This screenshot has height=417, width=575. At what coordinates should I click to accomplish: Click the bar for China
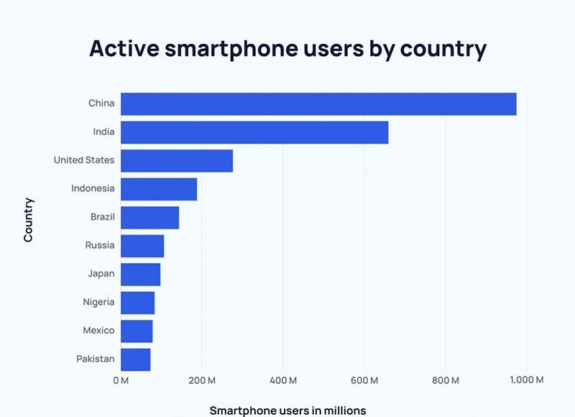click(318, 104)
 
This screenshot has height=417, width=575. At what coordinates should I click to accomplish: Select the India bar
click(254, 132)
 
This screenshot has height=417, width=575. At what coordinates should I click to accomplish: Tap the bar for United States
click(177, 160)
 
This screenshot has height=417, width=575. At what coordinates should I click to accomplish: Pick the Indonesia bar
click(159, 189)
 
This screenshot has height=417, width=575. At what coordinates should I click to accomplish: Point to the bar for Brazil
click(149, 217)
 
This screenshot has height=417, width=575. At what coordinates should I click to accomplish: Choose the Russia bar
click(142, 246)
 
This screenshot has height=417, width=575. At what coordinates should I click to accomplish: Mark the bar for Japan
click(140, 274)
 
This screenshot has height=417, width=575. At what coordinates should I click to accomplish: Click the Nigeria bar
click(137, 303)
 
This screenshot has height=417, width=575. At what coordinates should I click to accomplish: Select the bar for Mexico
click(137, 331)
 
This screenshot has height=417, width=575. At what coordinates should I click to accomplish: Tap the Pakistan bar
click(136, 359)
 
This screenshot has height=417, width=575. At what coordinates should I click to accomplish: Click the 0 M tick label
click(121, 380)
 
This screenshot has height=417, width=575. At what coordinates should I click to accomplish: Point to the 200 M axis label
click(202, 380)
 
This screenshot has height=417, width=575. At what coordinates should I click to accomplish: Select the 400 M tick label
click(283, 380)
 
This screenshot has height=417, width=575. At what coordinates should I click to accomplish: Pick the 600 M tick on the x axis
click(364, 380)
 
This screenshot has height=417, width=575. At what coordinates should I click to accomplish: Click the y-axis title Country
click(29, 220)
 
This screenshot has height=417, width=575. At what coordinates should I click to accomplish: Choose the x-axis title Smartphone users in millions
click(287, 411)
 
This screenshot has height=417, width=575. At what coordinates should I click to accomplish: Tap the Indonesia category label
click(93, 188)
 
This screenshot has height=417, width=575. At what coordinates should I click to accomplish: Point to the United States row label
click(84, 160)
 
